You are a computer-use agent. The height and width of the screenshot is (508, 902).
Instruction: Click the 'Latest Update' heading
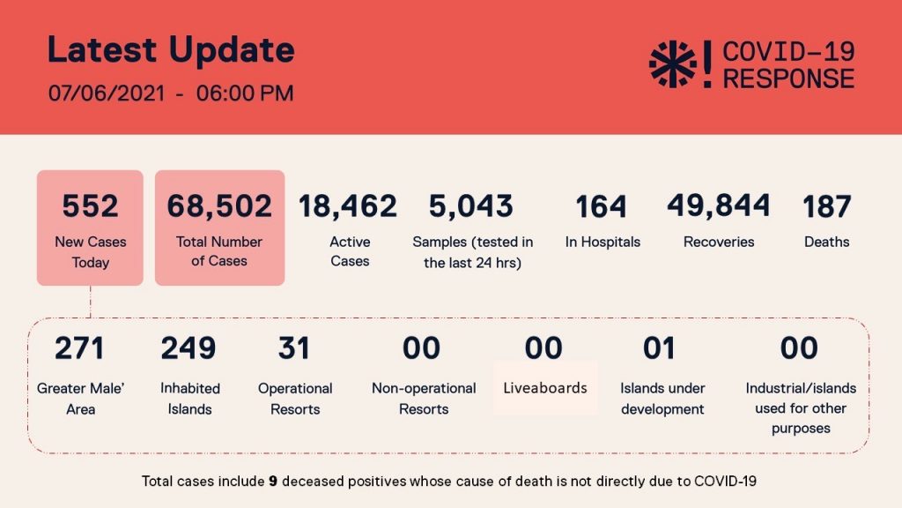(x=171, y=50)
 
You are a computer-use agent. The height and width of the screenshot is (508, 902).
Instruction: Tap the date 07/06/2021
(x=107, y=93)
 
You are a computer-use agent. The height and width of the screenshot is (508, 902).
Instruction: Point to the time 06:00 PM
(x=245, y=93)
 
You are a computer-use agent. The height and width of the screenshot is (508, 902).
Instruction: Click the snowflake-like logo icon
(x=672, y=63)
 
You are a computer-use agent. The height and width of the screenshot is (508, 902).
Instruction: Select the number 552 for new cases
(x=91, y=206)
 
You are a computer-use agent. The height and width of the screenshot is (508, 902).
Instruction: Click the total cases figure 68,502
(x=219, y=206)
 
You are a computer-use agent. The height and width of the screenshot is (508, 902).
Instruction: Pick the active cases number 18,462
(x=348, y=206)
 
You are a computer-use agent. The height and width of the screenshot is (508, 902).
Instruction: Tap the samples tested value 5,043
(x=471, y=206)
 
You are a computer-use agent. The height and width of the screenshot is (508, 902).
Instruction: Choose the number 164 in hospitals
(x=601, y=206)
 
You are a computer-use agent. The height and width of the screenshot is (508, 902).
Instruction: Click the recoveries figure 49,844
(x=719, y=205)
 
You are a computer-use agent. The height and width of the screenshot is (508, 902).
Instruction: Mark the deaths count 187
(x=826, y=206)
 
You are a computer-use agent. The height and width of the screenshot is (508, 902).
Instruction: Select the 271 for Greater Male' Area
(x=79, y=347)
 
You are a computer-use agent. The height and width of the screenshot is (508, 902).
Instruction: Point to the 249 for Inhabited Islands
(x=189, y=347)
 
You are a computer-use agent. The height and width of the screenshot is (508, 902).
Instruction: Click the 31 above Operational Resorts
(x=294, y=347)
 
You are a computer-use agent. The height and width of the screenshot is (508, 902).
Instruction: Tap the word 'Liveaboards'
(x=545, y=388)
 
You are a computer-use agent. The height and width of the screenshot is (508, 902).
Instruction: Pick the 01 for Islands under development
(x=659, y=347)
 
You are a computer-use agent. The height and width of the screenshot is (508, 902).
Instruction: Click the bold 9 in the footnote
(x=273, y=481)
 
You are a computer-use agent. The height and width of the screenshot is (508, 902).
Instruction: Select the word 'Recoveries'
(x=719, y=242)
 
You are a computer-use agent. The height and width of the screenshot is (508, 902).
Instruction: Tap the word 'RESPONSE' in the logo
(x=788, y=78)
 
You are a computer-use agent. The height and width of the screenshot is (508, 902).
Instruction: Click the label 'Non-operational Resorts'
(x=424, y=399)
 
